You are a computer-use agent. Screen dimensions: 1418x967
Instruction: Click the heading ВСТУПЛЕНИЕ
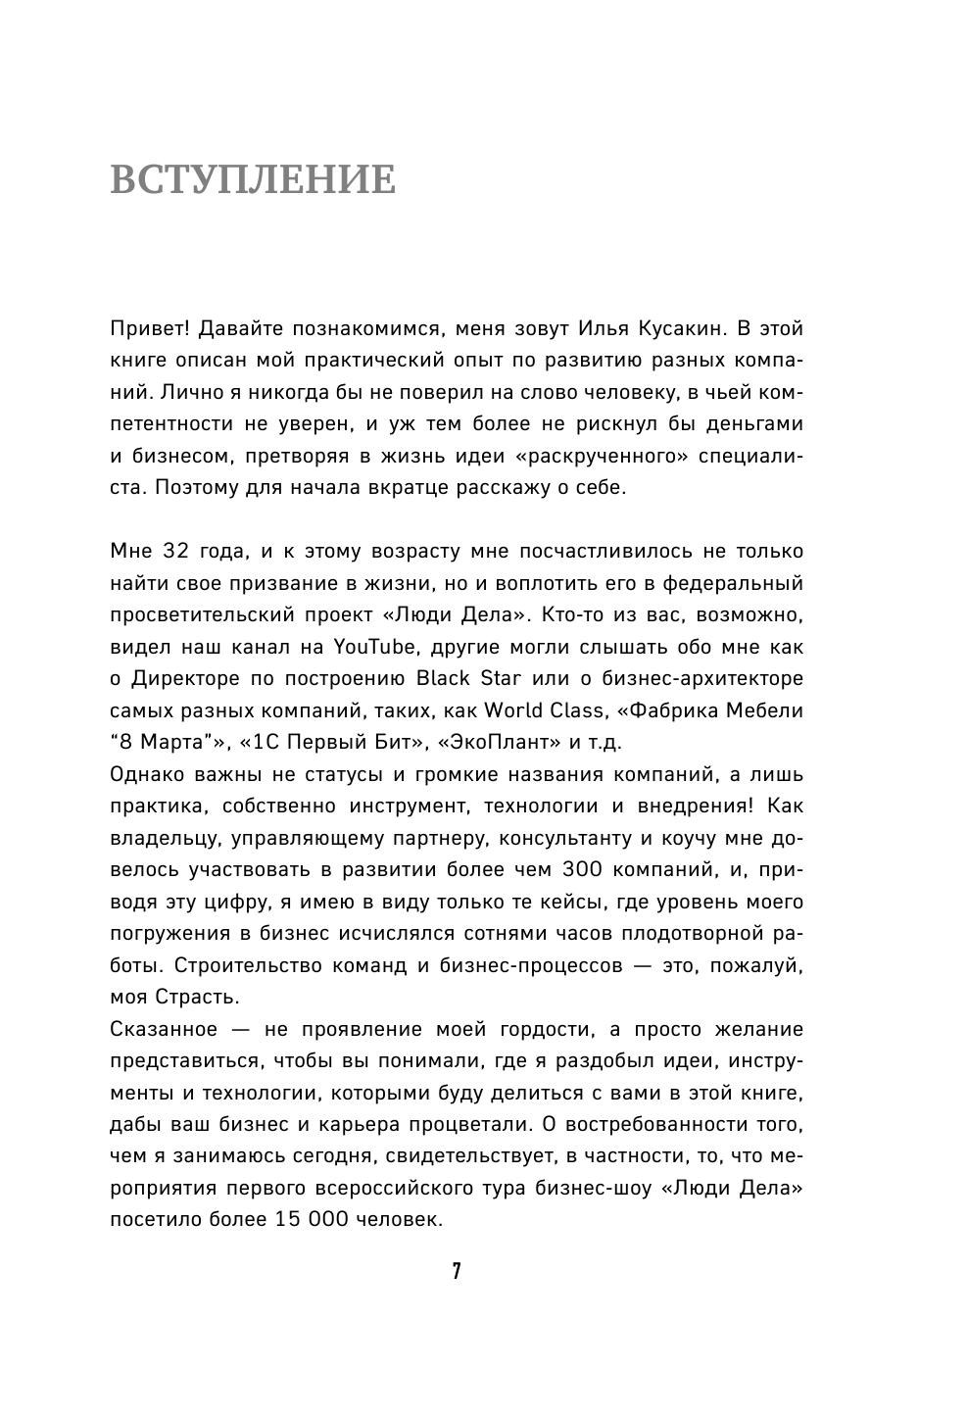point(253,180)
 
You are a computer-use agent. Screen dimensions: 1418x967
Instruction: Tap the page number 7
point(457,1272)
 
